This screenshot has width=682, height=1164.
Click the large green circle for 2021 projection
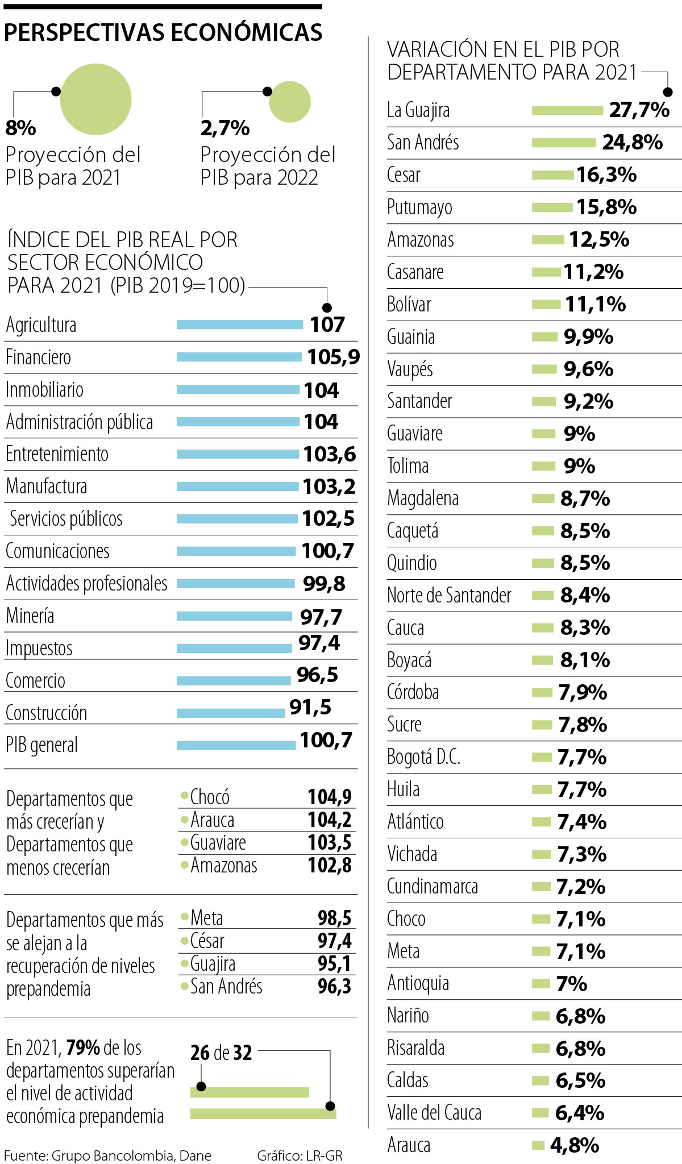click(x=95, y=99)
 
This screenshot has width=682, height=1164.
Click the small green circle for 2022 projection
click(x=290, y=102)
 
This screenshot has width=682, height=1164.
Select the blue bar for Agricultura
click(x=240, y=325)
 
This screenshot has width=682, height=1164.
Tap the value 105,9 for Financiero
click(x=334, y=357)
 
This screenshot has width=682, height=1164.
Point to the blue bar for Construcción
click(x=231, y=713)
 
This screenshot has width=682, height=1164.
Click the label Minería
click(x=30, y=616)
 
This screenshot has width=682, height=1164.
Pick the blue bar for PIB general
click(x=236, y=745)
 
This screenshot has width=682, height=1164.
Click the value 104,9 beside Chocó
click(x=330, y=797)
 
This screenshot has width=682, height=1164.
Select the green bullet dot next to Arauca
click(x=185, y=819)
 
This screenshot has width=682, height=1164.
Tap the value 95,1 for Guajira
click(x=334, y=963)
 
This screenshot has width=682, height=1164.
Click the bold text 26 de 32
click(x=221, y=1053)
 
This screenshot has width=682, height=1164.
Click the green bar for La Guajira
click(x=567, y=110)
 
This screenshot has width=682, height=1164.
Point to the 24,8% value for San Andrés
click(x=632, y=142)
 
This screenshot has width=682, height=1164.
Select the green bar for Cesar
click(x=552, y=175)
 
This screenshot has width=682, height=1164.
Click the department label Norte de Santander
click(x=449, y=596)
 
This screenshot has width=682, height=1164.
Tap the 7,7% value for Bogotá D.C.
click(x=581, y=757)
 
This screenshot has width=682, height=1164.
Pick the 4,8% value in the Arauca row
click(x=574, y=1145)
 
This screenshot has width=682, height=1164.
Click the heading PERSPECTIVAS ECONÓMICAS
click(x=163, y=33)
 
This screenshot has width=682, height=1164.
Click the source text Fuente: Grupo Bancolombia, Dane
click(x=107, y=1155)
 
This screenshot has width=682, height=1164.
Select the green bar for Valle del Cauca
click(x=540, y=1113)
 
